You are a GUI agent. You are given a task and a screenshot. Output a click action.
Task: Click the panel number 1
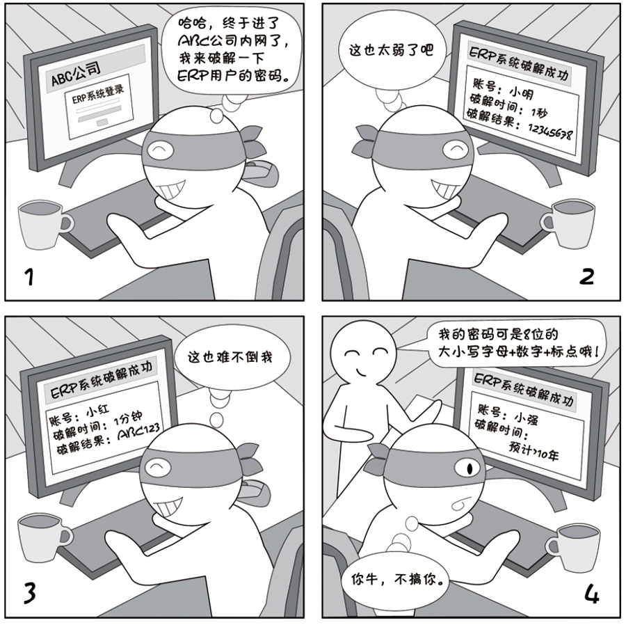pos(28,277)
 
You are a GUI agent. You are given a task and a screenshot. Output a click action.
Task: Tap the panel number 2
pos(586,276)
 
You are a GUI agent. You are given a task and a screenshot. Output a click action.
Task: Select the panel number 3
pos(28,594)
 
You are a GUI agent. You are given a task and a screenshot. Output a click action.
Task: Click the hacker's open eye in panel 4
pos(474,466)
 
